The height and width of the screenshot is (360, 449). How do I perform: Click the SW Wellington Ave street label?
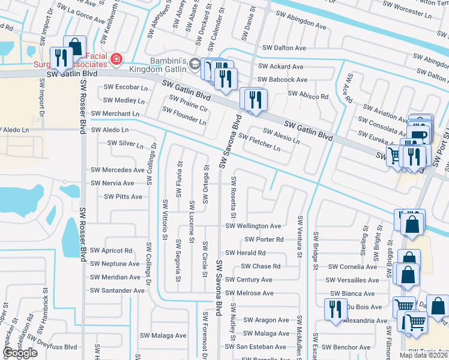tap(253, 226)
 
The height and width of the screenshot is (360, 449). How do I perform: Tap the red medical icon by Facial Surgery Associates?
tap(115, 59)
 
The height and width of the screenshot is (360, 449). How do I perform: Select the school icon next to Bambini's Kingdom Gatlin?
tap(195, 63)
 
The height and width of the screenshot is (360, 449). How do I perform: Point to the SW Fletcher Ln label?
tap(259, 142)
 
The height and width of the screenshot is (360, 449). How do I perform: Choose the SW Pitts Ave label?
tap(123, 196)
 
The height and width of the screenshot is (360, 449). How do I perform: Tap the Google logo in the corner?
tap(20, 353)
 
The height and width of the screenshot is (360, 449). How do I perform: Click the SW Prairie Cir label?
tap(188, 104)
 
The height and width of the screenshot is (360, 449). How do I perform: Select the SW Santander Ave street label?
tap(117, 290)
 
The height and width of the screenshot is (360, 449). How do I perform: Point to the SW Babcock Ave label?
tap(282, 79)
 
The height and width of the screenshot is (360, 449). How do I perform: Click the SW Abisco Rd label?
tap(308, 95)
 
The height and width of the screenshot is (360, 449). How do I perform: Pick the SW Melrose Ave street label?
tap(249, 293)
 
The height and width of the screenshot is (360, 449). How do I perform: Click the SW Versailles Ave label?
tap(352, 280)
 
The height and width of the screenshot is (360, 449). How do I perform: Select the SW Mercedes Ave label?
tap(118, 170)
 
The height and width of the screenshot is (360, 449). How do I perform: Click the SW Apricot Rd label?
tap(111, 251)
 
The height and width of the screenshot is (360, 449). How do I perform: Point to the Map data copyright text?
tap(423, 355)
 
